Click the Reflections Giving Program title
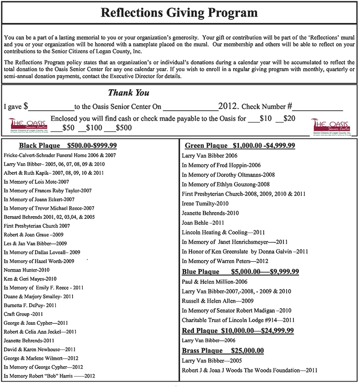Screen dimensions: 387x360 [180, 12]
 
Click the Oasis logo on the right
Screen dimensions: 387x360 [333, 125]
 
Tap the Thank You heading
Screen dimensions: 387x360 [129, 93]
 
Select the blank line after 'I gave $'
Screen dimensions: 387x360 [51, 108]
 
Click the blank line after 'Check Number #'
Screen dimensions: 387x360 [318, 108]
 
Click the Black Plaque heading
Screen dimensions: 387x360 [67, 146]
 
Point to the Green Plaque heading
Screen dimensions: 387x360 [240, 146]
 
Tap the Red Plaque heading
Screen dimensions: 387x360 [238, 331]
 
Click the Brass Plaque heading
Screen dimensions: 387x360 [222, 351]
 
